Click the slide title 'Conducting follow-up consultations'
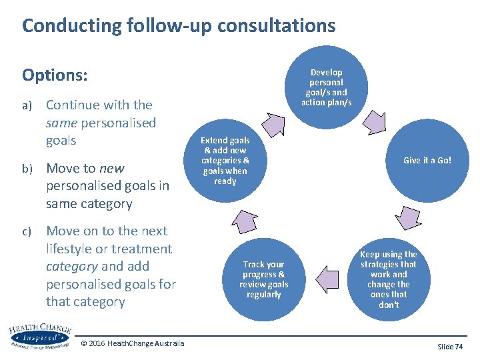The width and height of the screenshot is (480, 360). tap(178, 26)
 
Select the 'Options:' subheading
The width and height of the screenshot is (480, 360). tap(55, 75)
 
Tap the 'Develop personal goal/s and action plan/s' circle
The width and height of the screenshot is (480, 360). tap(326, 87)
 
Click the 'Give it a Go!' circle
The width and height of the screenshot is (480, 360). tap(427, 160)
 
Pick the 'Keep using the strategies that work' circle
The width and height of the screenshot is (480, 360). tap(389, 279)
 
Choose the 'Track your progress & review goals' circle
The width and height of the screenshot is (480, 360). tap(263, 279)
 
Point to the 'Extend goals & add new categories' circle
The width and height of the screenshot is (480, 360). tap(225, 160)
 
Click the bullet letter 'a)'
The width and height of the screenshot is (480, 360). tap(27, 106)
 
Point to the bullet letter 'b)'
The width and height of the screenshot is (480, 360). tap(27, 169)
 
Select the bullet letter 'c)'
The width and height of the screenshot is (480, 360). tap(27, 232)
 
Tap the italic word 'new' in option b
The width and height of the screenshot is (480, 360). tap(111, 168)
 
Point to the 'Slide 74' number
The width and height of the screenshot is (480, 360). tap(450, 347)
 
